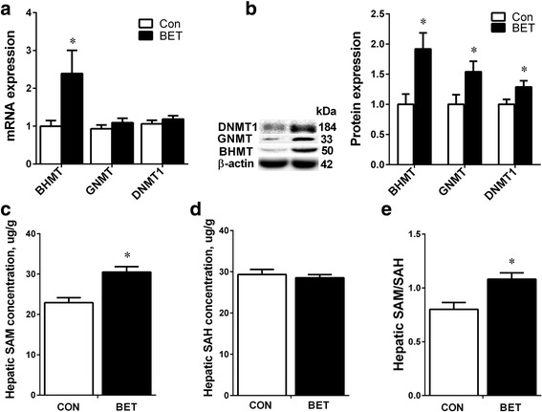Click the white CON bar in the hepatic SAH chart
pyautogui.click(x=255, y=335)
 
